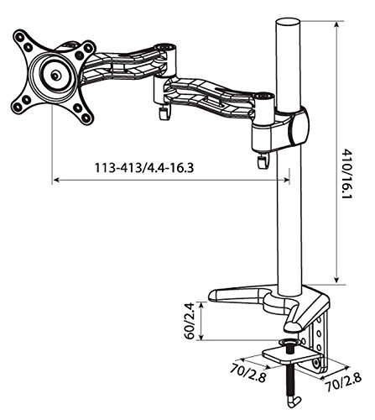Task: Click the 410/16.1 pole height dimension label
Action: point(347,174)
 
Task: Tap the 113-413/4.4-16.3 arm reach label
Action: point(144,168)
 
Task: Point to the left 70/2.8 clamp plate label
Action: point(247,373)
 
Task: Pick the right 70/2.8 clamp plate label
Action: point(343,381)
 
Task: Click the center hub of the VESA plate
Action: point(56,75)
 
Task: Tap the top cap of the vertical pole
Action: point(289,22)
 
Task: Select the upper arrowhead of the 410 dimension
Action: point(337,24)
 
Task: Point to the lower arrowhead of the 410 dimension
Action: point(337,280)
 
